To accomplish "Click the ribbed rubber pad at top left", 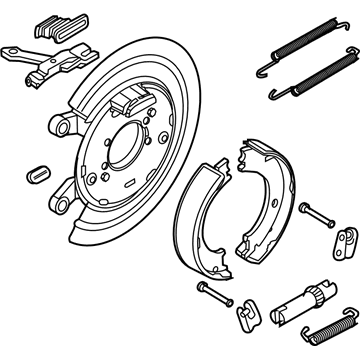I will (50, 27).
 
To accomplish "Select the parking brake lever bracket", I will (45, 63).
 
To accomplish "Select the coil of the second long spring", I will (311, 84).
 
